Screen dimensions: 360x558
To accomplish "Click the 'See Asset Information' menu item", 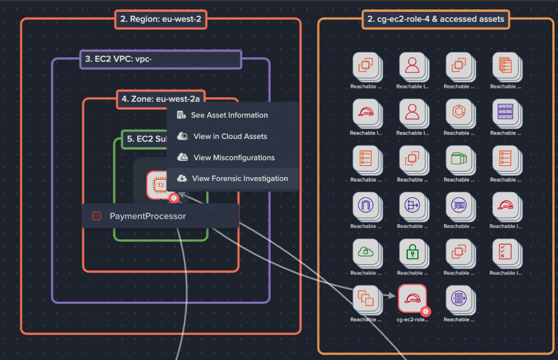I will click(230, 115).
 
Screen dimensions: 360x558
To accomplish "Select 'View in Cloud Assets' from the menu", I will click(230, 136).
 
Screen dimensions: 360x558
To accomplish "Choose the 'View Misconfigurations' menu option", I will click(233, 158).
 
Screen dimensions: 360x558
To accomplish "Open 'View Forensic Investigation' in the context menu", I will click(240, 178).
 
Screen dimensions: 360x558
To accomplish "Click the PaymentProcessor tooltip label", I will click(148, 217).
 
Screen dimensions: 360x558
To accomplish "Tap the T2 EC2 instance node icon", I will click(160, 185).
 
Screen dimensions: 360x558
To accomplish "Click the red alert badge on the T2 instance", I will click(174, 198).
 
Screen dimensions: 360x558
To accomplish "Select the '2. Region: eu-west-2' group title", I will click(161, 19).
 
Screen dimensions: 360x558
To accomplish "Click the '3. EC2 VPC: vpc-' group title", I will click(160, 60).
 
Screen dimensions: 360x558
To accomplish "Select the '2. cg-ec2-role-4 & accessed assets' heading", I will click(435, 19).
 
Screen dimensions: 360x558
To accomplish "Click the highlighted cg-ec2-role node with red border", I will click(412, 297).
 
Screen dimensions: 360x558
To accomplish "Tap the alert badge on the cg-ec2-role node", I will click(425, 311).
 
